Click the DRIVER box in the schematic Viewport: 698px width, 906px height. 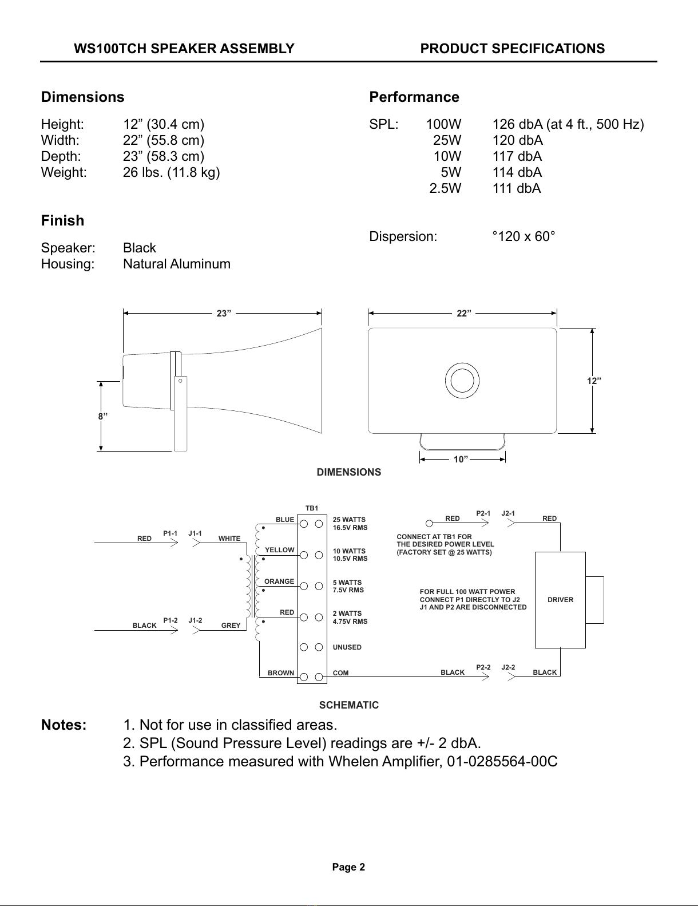[560, 600]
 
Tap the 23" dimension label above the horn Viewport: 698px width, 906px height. [224, 313]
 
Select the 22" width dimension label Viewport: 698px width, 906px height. [464, 313]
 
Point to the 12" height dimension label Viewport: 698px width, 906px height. [594, 381]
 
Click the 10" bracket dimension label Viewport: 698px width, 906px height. [461, 459]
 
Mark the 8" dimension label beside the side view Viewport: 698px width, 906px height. [102, 416]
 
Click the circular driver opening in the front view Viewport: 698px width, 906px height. [462, 381]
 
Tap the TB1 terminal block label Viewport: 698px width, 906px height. [312, 508]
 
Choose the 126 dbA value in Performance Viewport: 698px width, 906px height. [518, 124]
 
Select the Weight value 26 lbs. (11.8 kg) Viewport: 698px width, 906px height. [171, 172]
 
